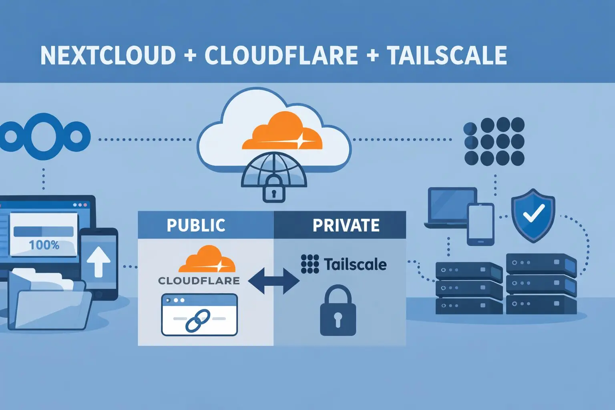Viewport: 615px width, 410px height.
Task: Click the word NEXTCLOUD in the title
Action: pos(108,55)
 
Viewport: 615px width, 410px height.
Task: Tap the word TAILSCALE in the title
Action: pos(447,55)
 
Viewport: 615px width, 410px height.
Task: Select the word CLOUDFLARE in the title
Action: pos(281,55)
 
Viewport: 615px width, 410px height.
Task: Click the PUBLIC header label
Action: pos(196,225)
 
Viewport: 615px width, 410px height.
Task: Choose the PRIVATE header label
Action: pos(346,225)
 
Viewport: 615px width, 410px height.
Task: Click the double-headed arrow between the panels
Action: pos(273,281)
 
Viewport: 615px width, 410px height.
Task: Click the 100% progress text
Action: pos(44,245)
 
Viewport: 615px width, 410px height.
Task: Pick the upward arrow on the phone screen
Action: pos(98,262)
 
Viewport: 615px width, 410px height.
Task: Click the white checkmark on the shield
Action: pos(534,213)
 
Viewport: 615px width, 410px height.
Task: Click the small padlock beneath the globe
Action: pos(274,190)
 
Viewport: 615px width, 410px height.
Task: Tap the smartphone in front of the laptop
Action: pos(480,224)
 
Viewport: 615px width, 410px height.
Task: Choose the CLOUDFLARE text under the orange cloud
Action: pos(199,281)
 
